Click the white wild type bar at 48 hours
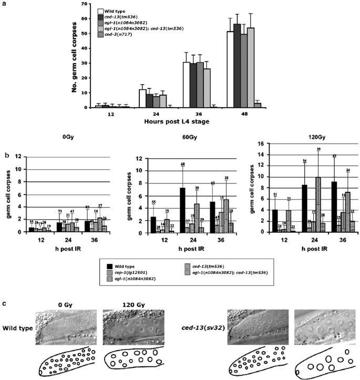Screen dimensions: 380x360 tap(230, 69)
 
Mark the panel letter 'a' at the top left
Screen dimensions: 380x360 tap(4, 4)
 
